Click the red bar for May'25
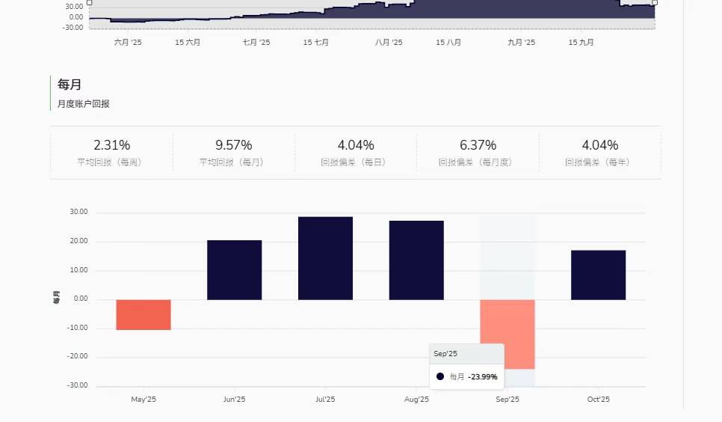click(144, 314)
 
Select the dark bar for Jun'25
click(235, 270)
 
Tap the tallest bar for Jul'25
click(325, 258)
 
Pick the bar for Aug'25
click(416, 260)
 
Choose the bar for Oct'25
click(598, 275)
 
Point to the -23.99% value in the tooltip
click(483, 377)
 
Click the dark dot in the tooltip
click(440, 376)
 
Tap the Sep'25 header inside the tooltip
click(445, 353)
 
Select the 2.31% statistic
click(111, 145)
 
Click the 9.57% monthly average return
click(234, 145)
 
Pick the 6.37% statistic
click(478, 145)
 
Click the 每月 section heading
click(69, 85)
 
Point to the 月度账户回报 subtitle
click(83, 104)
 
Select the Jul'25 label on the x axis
click(325, 400)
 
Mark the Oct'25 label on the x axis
click(598, 400)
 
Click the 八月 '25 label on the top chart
click(389, 43)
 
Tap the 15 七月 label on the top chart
click(316, 43)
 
